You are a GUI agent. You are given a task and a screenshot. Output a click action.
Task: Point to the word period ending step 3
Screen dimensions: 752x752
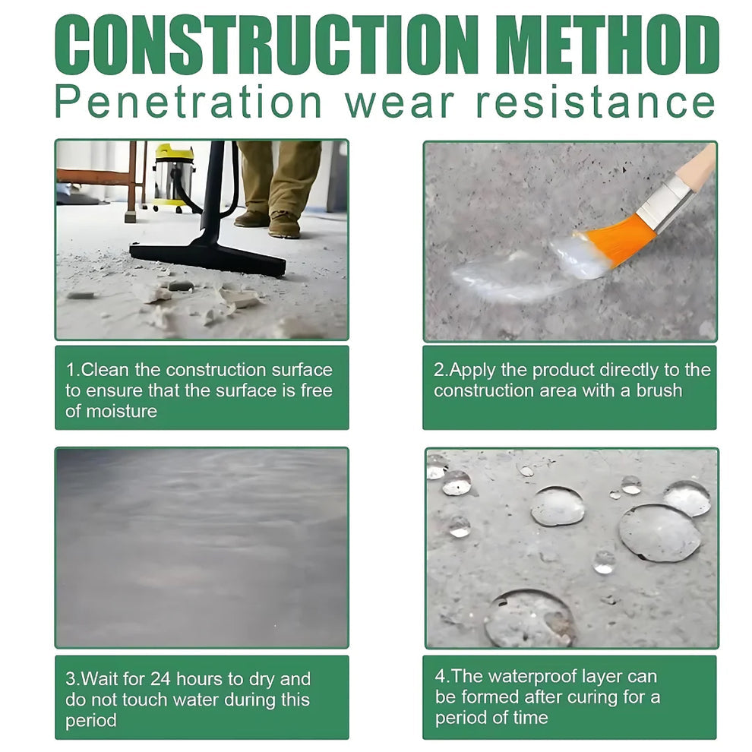(91, 720)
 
